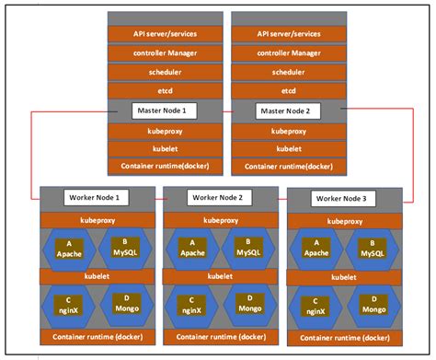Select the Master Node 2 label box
click(x=286, y=110)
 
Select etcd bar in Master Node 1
click(x=166, y=90)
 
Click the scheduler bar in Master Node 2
click(x=286, y=71)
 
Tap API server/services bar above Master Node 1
click(x=166, y=33)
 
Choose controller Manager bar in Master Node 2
click(x=286, y=52)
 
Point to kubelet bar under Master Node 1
click(x=166, y=148)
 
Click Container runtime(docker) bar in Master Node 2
click(x=286, y=166)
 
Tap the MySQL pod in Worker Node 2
click(x=245, y=248)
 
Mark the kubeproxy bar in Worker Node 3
click(x=345, y=221)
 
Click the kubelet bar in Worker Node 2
click(x=221, y=275)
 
